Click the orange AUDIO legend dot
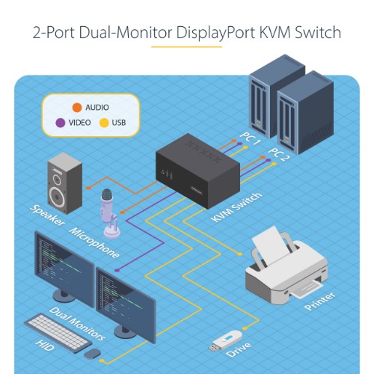(77, 107)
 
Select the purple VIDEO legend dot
(61, 123)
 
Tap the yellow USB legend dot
(104, 123)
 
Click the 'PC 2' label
(278, 156)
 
